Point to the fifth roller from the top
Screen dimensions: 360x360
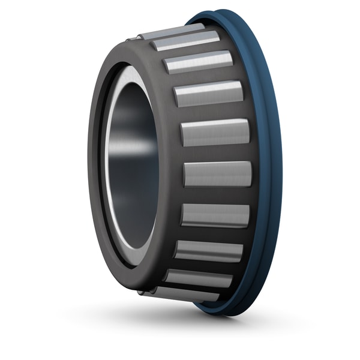point(215,132)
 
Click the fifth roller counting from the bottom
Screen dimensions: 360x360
point(217,174)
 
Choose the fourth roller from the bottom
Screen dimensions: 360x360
point(215,215)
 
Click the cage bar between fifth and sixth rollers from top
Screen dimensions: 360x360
point(216,153)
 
